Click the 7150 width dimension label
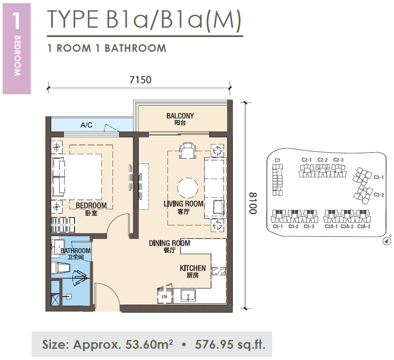click(140, 80)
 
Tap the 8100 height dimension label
click(253, 203)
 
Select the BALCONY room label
click(180, 116)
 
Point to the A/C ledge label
click(87, 125)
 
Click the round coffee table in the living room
click(187, 188)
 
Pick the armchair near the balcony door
click(188, 151)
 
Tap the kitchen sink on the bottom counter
click(188, 295)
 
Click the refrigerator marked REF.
click(165, 295)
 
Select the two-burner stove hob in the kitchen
click(219, 271)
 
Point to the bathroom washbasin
click(58, 247)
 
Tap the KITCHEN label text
click(193, 268)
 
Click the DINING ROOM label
click(170, 243)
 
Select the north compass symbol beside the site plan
click(387, 241)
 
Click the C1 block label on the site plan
click(278, 160)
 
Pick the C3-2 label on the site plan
click(379, 195)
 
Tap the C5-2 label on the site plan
click(294, 226)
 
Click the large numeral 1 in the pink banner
click(16, 21)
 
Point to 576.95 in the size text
click(214, 344)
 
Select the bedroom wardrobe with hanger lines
click(63, 225)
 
